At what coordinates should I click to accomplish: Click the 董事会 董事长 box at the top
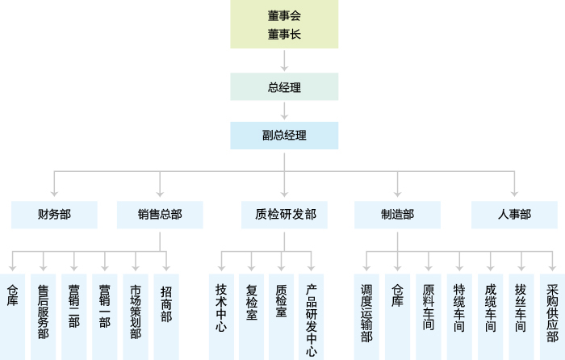284,24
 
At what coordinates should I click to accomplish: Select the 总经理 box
284,86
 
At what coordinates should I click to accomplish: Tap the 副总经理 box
284,135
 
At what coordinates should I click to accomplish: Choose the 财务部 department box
54,214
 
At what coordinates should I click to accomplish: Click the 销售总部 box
160,214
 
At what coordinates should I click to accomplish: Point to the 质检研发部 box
284,214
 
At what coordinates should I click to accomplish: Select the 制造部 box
398,214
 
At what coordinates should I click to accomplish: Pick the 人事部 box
514,214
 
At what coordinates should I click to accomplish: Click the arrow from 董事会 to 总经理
284,61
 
